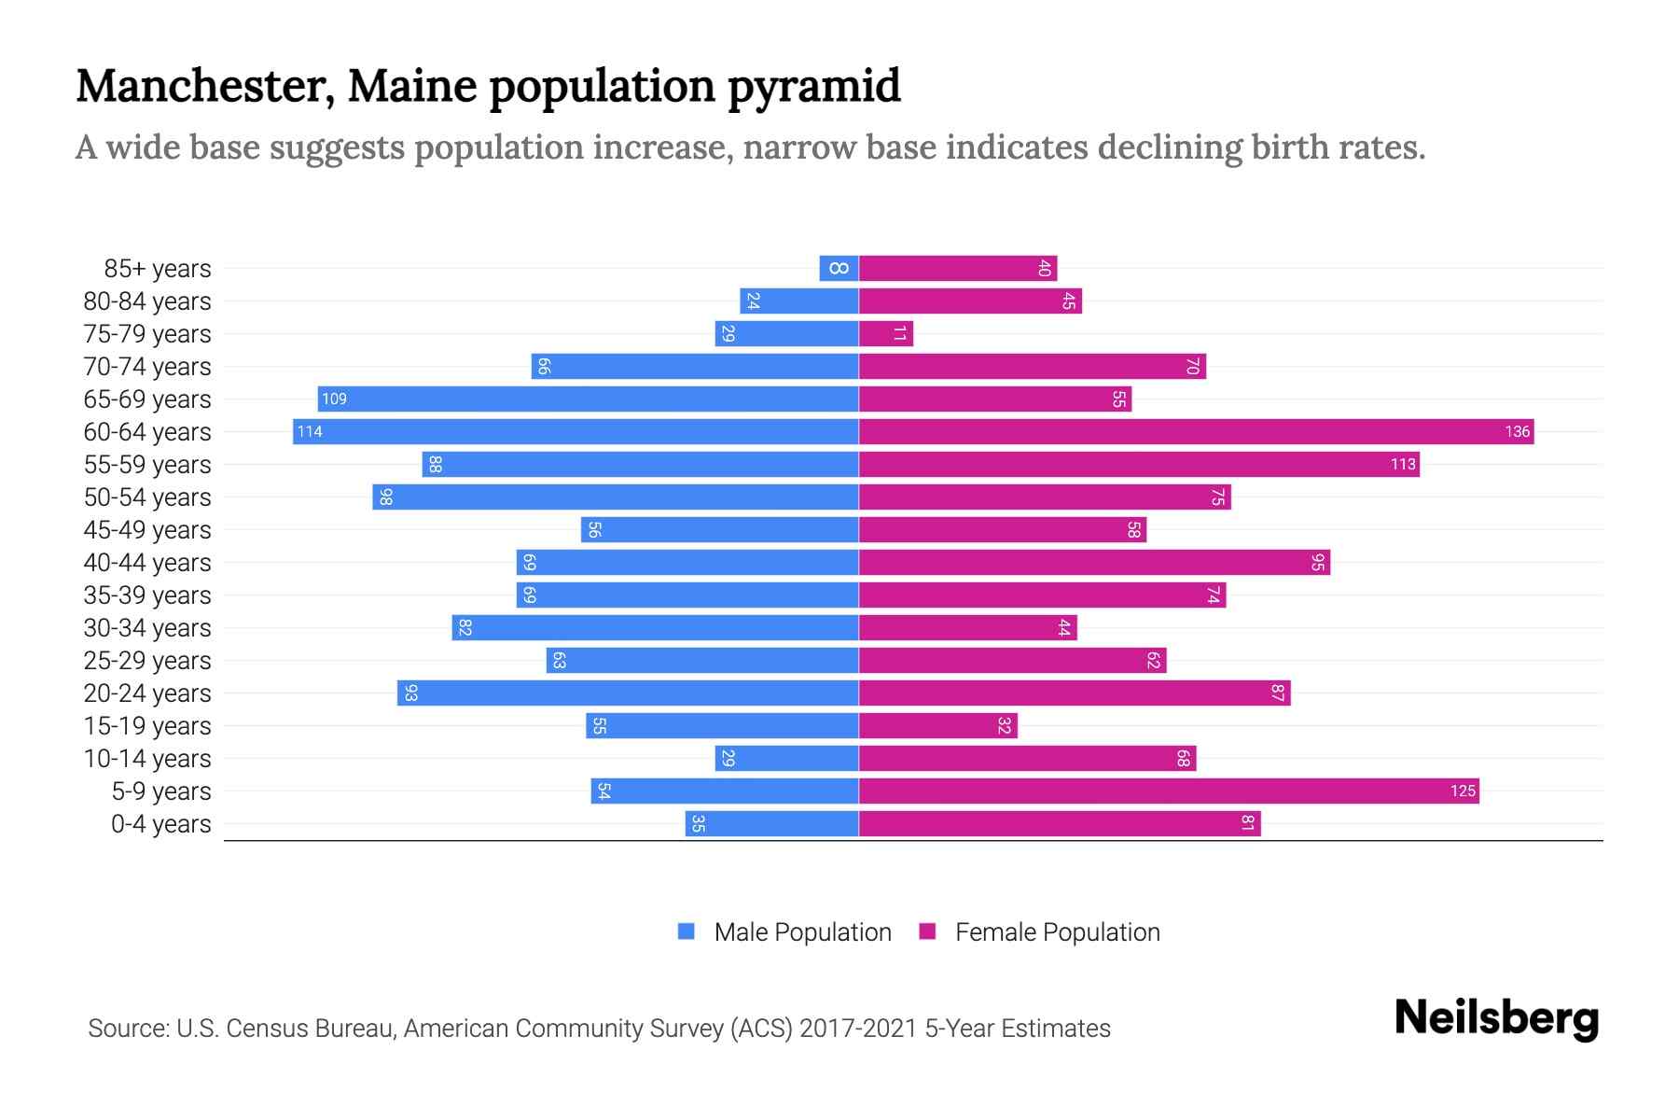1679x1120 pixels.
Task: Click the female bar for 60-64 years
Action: click(1194, 431)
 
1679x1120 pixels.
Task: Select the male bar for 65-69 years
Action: click(588, 399)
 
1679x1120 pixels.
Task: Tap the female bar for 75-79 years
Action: click(885, 333)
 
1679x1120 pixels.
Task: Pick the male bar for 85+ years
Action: click(839, 268)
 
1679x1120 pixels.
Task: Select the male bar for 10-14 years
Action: click(786, 758)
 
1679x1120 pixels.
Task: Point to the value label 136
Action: click(1517, 431)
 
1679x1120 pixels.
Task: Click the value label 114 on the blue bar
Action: click(310, 431)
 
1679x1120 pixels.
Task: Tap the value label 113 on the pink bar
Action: click(1403, 464)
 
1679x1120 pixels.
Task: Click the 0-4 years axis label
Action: click(160, 824)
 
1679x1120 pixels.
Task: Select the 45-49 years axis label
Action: click(147, 529)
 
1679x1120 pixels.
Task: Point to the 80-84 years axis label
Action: click(147, 301)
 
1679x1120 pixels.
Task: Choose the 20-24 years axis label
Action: click(147, 693)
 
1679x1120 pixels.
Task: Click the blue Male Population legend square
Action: click(687, 931)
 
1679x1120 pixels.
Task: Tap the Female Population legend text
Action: click(1057, 931)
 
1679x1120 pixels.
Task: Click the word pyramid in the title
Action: click(813, 86)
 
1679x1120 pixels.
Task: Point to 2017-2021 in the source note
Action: click(858, 1029)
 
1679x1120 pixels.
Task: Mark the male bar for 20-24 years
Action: click(627, 693)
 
